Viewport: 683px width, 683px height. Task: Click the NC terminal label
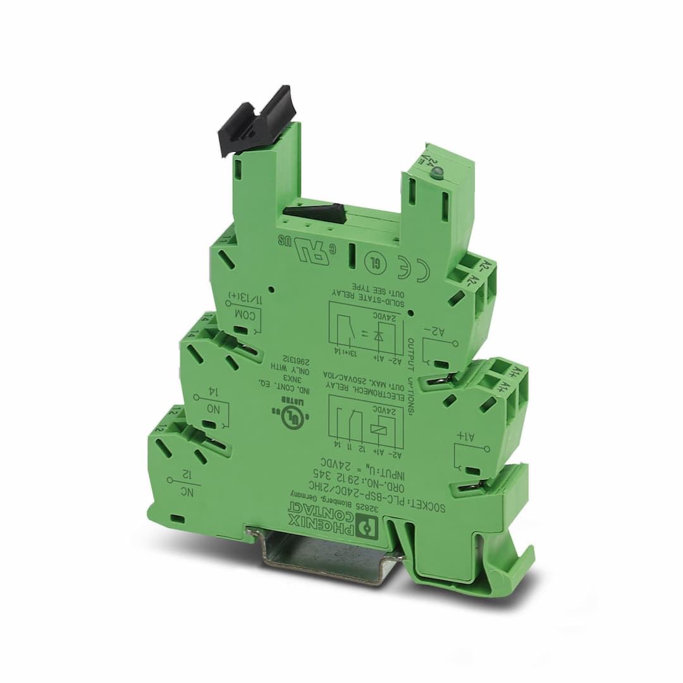[185, 492]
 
